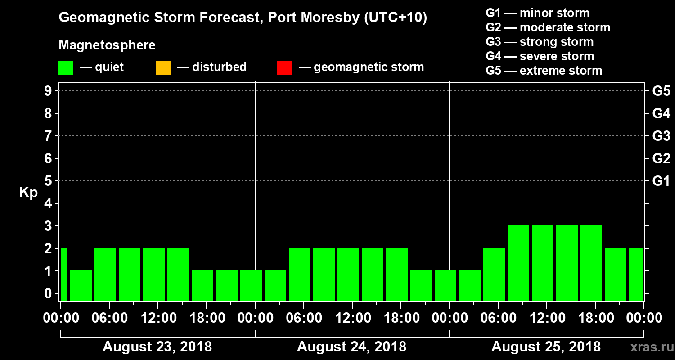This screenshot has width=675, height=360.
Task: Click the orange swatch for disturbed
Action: tap(163, 68)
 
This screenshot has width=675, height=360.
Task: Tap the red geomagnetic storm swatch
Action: tap(284, 68)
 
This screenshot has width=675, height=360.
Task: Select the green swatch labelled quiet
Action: tap(66, 68)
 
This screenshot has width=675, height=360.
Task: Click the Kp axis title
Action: tap(28, 192)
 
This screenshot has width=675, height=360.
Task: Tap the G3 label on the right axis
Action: tap(661, 136)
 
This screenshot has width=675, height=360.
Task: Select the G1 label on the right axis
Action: tap(661, 181)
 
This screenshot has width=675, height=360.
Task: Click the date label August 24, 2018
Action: tap(351, 347)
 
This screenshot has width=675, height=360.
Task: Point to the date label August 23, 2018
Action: tap(157, 347)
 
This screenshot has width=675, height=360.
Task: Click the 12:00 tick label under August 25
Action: tap(546, 318)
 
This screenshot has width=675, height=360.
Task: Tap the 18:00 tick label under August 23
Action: tap(206, 318)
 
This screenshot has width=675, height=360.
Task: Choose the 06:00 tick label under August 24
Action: tap(303, 318)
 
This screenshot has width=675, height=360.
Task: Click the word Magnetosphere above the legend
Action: tap(107, 45)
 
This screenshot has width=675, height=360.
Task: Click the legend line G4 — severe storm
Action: tap(540, 56)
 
